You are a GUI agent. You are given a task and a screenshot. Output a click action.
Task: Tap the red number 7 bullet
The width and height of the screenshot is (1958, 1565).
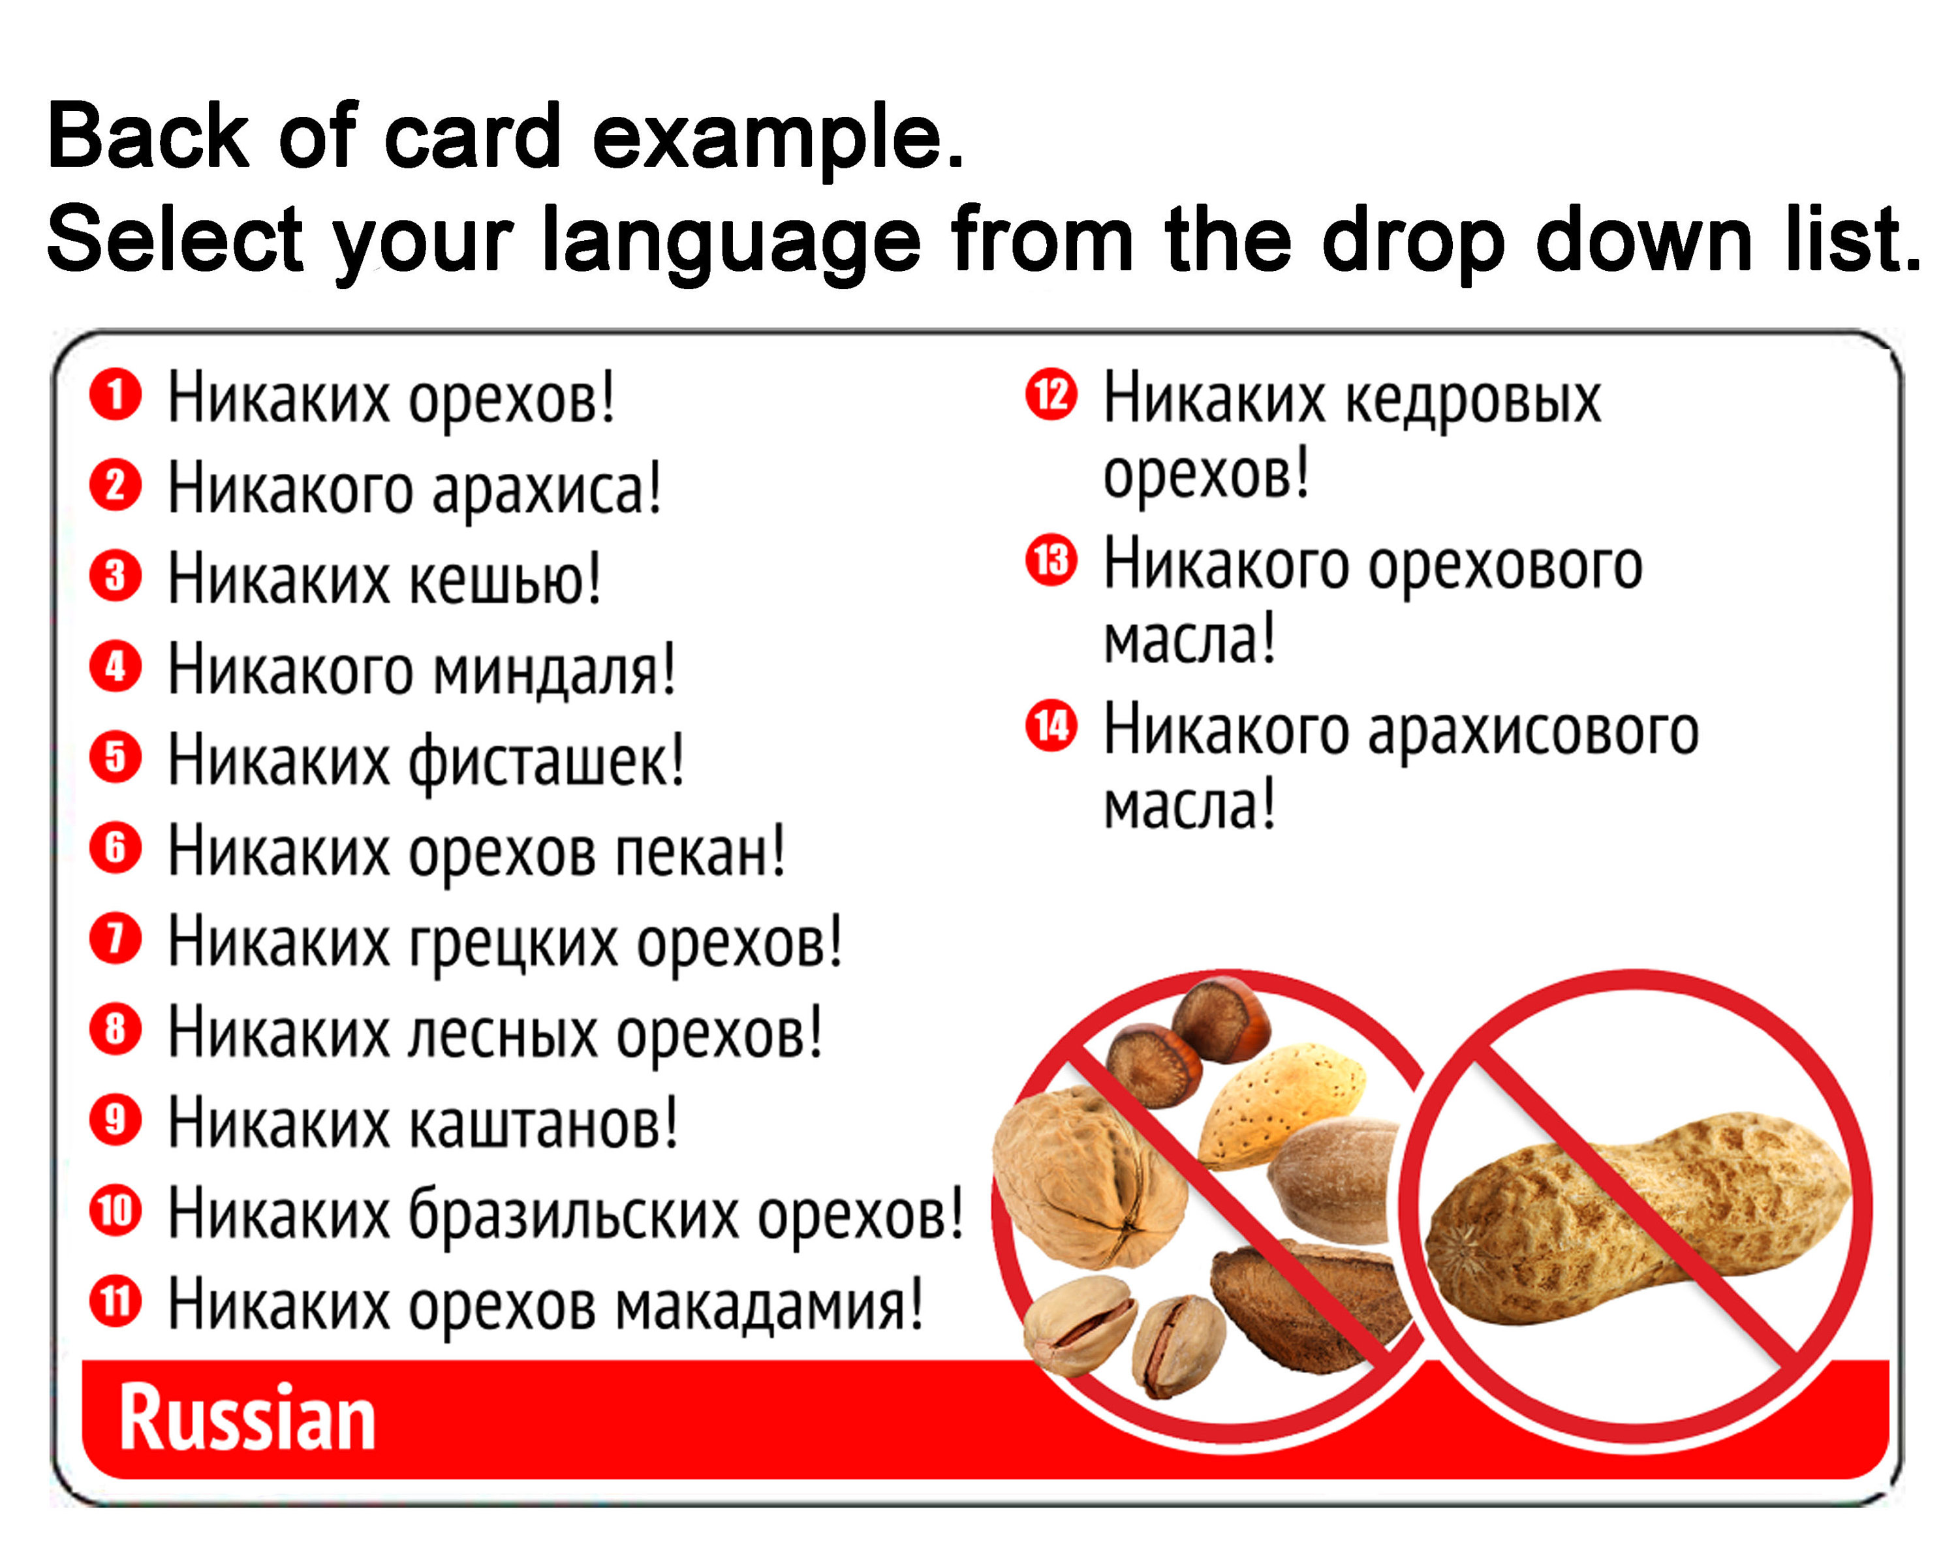click(116, 938)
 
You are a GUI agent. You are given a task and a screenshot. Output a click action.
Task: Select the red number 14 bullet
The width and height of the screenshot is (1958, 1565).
click(1051, 726)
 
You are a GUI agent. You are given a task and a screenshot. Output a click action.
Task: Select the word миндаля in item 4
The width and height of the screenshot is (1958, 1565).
click(554, 670)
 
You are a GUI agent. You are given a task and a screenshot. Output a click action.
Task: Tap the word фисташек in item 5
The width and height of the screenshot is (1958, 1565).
click(545, 761)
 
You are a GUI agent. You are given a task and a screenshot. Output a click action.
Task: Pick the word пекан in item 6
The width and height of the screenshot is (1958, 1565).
click(699, 852)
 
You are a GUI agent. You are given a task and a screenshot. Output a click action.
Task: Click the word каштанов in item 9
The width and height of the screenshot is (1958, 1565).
click(542, 1124)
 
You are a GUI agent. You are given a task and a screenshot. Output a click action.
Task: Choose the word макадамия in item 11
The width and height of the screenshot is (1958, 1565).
click(768, 1305)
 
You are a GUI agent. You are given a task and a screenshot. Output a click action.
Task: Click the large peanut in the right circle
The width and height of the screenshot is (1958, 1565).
click(1635, 1217)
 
